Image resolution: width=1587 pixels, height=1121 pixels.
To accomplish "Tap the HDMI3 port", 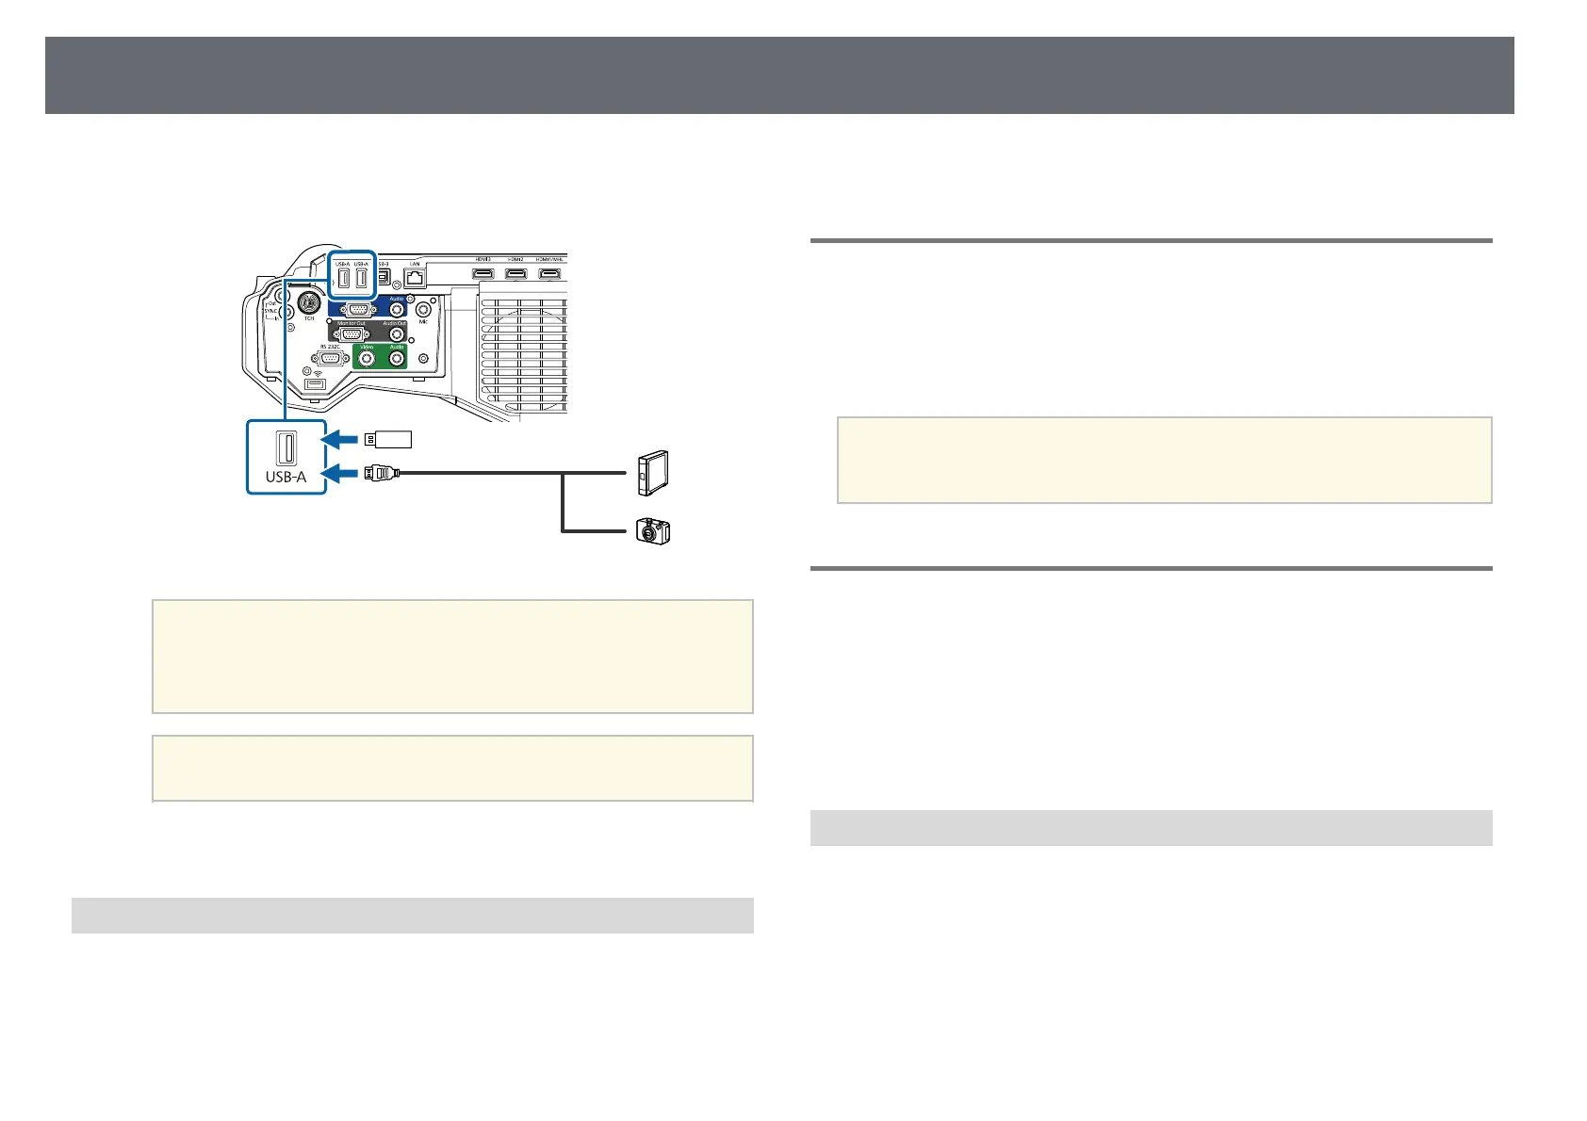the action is [x=483, y=274].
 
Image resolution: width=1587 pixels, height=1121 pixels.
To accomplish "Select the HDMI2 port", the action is [x=515, y=274].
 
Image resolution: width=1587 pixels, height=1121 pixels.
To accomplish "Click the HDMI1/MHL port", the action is [x=548, y=274].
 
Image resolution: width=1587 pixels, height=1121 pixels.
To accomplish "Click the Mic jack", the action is [x=423, y=306].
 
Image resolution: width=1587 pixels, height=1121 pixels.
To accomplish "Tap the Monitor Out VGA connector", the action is [x=351, y=333].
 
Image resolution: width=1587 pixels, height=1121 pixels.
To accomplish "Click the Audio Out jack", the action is [x=396, y=333].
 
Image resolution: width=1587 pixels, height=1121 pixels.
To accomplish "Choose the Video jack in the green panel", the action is [x=367, y=359].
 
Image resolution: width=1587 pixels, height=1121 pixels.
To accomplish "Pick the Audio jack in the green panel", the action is [x=397, y=359].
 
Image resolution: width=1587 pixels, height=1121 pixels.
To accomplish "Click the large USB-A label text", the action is [x=286, y=477].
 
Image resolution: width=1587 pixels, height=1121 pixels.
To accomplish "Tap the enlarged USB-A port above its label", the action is [x=286, y=446].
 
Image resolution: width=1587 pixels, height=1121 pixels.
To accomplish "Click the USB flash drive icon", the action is [x=388, y=438].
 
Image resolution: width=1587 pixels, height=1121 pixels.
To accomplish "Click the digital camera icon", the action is [x=653, y=531].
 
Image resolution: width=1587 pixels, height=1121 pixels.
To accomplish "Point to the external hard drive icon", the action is [x=653, y=474].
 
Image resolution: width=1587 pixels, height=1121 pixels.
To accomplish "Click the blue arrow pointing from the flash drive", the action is [x=340, y=438].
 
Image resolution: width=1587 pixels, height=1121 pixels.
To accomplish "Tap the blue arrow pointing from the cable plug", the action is [x=340, y=473].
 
